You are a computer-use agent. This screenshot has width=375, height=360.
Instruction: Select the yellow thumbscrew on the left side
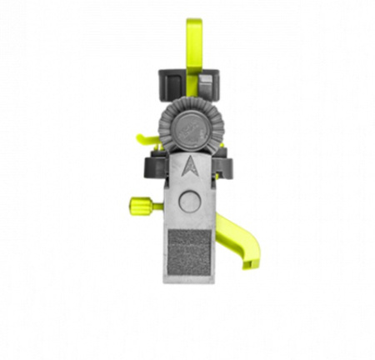(137, 203)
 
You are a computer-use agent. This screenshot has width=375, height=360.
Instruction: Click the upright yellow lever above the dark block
(193, 46)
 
